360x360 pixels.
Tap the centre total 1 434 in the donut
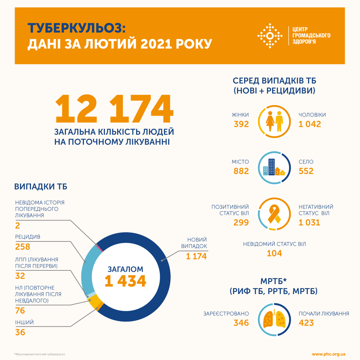(x=125, y=281)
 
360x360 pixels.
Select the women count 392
(x=241, y=124)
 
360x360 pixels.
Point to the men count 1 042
(x=310, y=124)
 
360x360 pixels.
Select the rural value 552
(x=306, y=171)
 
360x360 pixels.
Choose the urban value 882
(x=241, y=171)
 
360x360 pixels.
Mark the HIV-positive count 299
(x=241, y=222)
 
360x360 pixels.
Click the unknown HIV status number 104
(x=274, y=253)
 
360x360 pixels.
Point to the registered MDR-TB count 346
(x=241, y=323)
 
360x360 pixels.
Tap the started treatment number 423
(x=306, y=323)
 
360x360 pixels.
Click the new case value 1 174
(x=196, y=256)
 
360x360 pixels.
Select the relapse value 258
(x=23, y=247)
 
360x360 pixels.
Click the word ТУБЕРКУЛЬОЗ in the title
(x=77, y=28)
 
